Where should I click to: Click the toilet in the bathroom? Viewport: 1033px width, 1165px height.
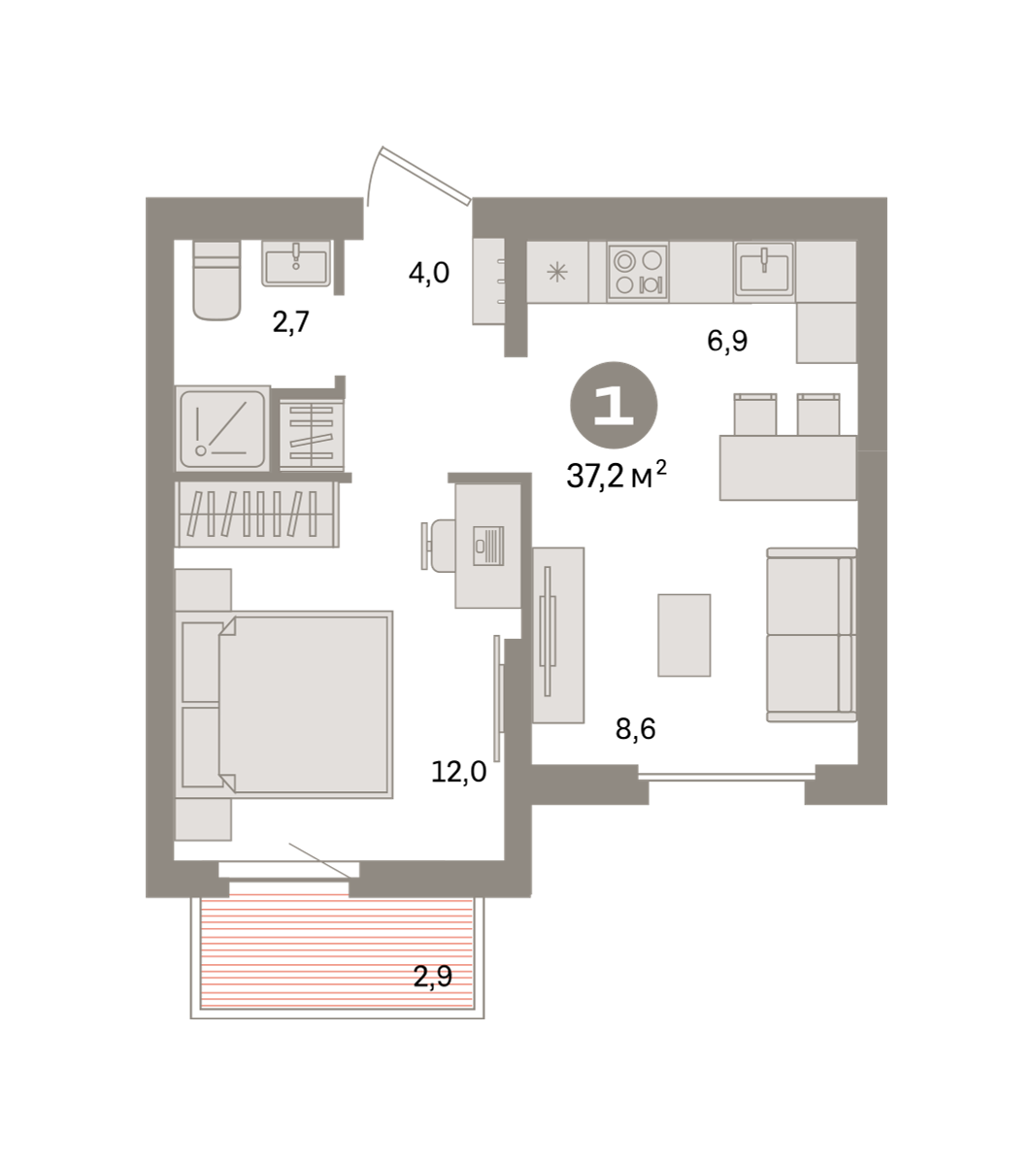click(217, 280)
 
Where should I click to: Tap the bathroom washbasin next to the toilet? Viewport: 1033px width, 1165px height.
click(296, 263)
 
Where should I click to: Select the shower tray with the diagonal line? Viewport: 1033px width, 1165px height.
click(222, 428)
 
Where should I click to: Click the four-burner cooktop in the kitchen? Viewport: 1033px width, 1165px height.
click(638, 272)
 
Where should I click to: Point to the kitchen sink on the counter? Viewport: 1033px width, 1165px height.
click(764, 269)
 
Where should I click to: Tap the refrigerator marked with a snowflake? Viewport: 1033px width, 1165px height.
click(557, 272)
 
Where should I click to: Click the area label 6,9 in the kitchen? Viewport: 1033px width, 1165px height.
click(727, 341)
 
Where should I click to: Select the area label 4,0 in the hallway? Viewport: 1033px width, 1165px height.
click(429, 273)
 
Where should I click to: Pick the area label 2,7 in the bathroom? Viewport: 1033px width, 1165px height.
click(291, 322)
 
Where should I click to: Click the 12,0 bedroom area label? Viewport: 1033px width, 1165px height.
click(459, 772)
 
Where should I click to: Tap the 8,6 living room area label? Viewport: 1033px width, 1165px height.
click(636, 729)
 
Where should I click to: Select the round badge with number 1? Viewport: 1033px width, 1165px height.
click(614, 405)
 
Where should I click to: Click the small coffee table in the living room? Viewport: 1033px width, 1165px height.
click(684, 635)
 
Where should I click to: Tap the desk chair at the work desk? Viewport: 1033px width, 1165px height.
click(438, 546)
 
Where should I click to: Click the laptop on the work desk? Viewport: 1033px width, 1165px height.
click(488, 546)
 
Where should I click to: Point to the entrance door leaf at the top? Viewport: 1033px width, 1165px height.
click(426, 176)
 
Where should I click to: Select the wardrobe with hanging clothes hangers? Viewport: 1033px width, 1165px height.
click(256, 515)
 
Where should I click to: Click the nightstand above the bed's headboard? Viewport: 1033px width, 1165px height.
click(204, 589)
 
